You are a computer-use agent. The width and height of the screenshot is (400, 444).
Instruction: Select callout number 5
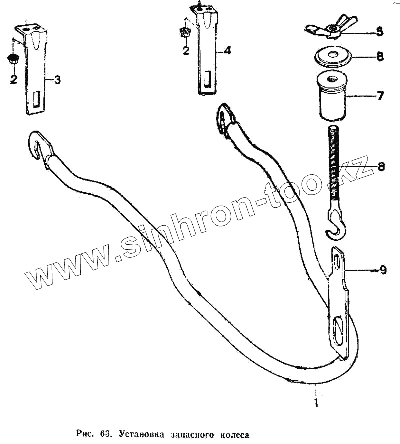click(x=380, y=32)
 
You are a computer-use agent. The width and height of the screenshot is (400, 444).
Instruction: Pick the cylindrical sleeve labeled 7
click(x=330, y=96)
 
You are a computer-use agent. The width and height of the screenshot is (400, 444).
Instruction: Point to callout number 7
click(x=380, y=95)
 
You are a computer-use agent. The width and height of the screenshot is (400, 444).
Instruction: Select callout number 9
click(x=382, y=270)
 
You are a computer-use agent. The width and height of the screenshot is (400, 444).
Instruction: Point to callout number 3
click(x=57, y=80)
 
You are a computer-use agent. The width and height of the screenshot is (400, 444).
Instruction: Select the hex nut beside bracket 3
click(x=13, y=59)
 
